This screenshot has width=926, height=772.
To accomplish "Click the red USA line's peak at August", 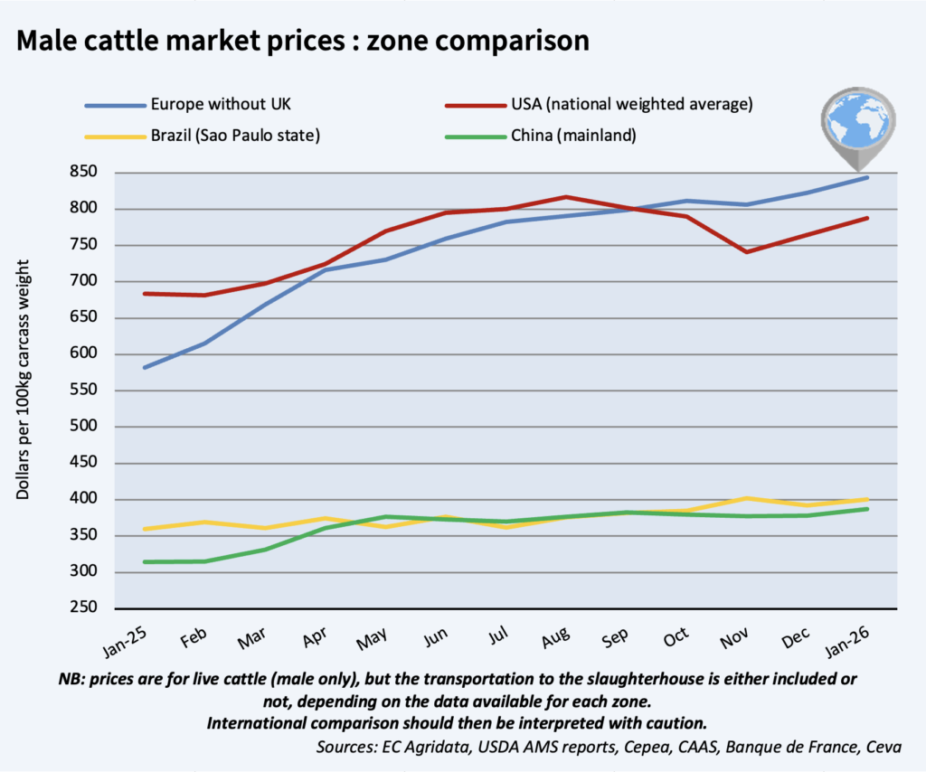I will point(565,196).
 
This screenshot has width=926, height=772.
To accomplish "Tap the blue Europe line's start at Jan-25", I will point(145,367).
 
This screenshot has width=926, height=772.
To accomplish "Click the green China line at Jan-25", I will point(145,561).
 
